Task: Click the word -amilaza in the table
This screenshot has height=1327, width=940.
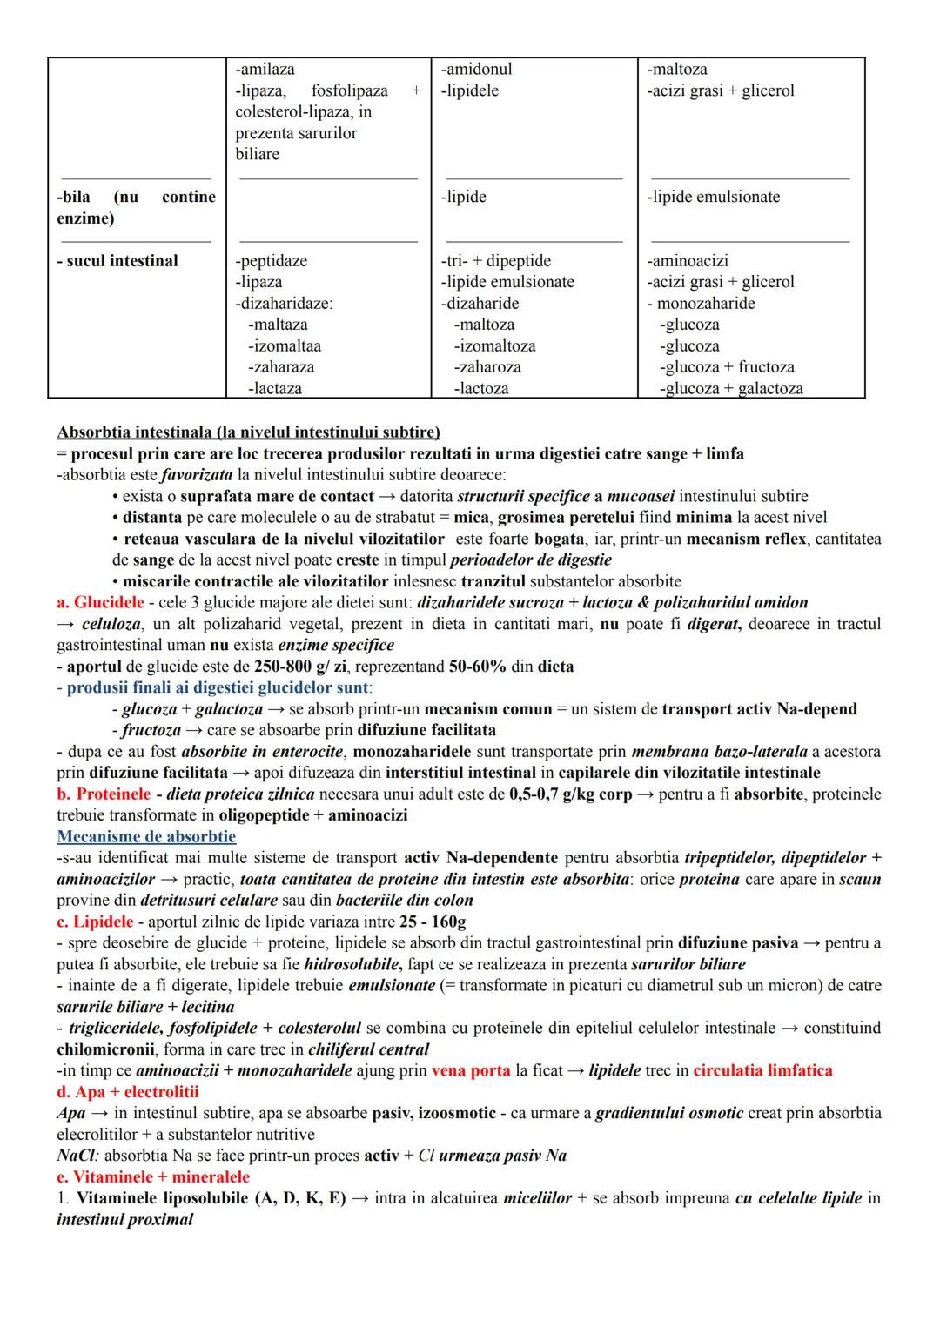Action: [265, 70]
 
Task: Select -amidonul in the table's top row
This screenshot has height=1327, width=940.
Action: [476, 70]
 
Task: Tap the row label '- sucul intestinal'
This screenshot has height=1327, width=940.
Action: [117, 261]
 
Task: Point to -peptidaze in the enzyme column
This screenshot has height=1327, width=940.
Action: [272, 261]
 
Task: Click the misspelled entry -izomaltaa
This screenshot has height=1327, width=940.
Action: [285, 346]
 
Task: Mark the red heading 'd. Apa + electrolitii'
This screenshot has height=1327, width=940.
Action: [128, 1092]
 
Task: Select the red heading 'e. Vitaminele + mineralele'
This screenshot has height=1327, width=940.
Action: [153, 1177]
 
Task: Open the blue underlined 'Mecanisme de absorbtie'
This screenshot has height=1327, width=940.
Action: [146, 837]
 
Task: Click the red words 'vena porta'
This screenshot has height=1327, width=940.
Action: [471, 1071]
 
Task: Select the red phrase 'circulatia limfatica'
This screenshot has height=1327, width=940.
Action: [762, 1071]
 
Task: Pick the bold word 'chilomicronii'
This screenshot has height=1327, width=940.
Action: [105, 1049]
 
